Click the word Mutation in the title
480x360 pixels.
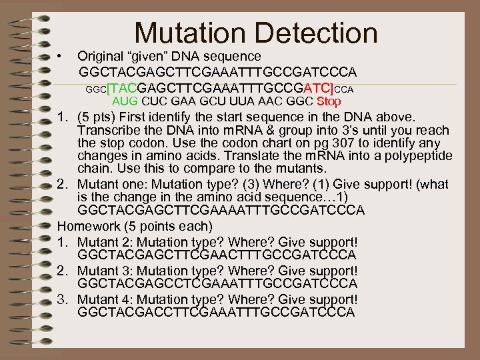click(189, 33)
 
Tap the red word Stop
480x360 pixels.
click(329, 102)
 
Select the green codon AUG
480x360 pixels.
click(124, 102)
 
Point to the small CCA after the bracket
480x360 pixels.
click(343, 89)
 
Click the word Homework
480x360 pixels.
click(89, 226)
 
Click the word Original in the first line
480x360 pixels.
click(102, 56)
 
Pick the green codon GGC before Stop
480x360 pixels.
click(299, 102)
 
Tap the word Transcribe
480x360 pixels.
click(107, 131)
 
